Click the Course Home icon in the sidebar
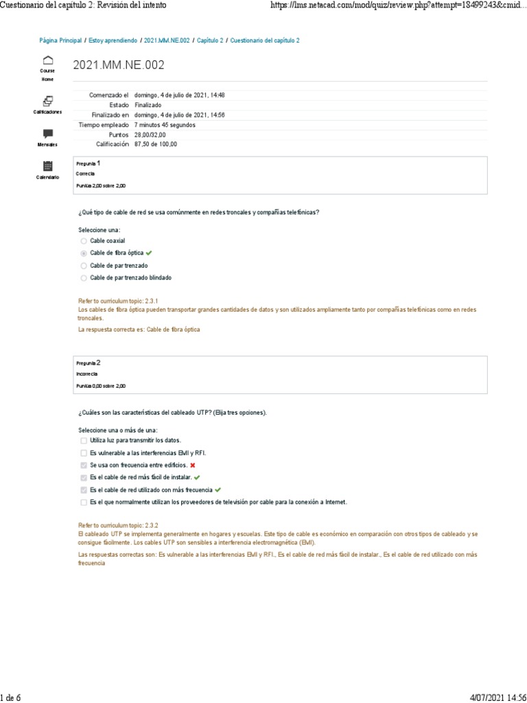point(47,60)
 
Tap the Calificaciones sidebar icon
point(47,100)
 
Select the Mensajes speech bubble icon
point(47,133)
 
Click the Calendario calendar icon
point(47,165)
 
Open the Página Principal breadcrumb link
point(60,41)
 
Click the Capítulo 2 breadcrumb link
point(210,41)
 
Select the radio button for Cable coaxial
point(84,241)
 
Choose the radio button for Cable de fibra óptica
point(84,253)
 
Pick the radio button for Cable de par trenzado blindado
point(84,278)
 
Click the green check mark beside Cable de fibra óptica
point(149,253)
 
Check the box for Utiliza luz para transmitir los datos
point(84,440)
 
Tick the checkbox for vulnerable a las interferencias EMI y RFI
point(84,453)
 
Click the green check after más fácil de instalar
point(197,477)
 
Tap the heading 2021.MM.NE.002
point(119,65)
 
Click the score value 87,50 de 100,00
point(156,144)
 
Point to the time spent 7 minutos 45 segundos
point(165,125)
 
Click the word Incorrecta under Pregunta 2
point(87,374)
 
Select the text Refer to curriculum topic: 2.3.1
point(119,301)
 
